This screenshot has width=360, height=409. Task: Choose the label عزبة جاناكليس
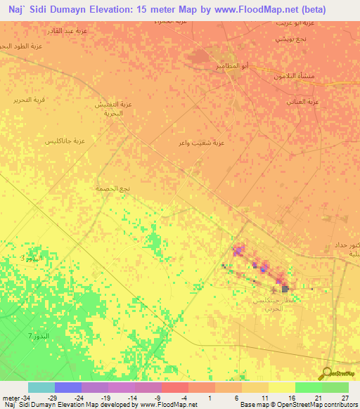65,141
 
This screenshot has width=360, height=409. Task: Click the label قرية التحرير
30,100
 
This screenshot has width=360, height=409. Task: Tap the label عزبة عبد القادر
63,32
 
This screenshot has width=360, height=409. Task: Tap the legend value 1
210,398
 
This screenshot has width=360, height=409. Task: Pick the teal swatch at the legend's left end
41,387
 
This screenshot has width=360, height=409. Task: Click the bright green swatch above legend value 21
308,387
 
